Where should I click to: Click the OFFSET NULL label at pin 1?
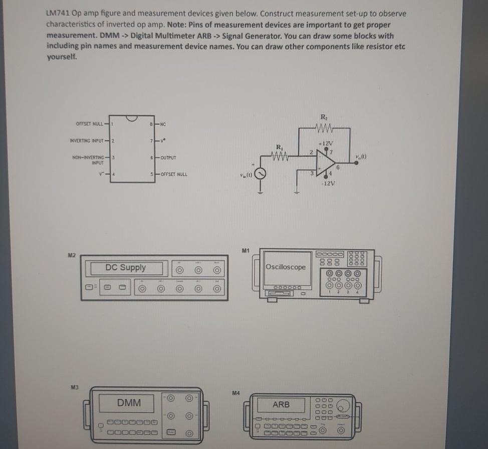point(90,124)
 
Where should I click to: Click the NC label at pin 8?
point(163,124)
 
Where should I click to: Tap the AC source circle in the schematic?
point(260,174)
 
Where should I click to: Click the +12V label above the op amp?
point(327,143)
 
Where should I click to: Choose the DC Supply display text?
point(126,268)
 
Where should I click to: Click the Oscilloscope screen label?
point(286,267)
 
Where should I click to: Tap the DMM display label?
point(129,402)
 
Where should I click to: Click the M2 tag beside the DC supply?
point(72,255)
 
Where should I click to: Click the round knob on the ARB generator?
point(343,404)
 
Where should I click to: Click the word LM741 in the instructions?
point(58,14)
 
